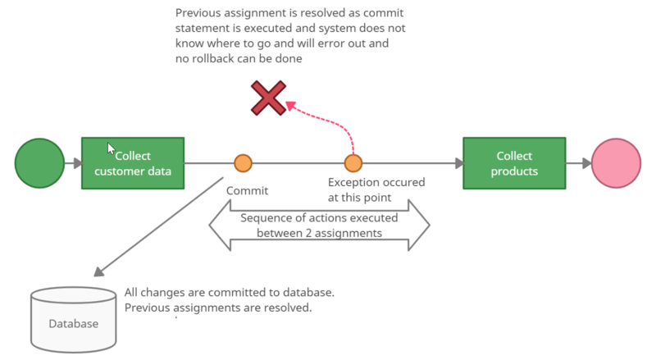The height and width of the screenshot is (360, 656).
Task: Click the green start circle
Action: pos(39,163)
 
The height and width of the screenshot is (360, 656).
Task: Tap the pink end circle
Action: pos(617,163)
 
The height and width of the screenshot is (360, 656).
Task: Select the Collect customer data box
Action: pos(133,163)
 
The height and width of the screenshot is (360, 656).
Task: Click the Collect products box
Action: pos(514,163)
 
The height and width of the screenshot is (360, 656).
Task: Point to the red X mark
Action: pos(269,98)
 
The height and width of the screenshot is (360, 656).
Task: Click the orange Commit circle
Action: pos(243,163)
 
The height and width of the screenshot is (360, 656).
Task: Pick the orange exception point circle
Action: pos(353,163)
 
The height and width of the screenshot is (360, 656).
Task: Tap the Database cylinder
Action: pos(74,320)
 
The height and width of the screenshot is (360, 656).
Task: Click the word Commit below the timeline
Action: pos(248,191)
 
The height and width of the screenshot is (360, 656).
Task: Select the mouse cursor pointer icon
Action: pos(111,148)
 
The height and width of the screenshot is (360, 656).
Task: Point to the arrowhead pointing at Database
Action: pos(98,271)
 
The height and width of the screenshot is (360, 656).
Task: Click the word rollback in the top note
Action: pos(217,58)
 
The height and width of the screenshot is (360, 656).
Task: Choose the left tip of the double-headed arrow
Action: pos(209,226)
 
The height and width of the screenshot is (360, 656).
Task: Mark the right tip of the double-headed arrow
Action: pos(430,226)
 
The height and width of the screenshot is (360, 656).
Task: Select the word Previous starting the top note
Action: pos(198,13)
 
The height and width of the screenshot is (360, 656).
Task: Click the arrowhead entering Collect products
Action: pos(459,163)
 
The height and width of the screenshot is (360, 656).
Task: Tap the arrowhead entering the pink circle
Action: pos(587,163)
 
